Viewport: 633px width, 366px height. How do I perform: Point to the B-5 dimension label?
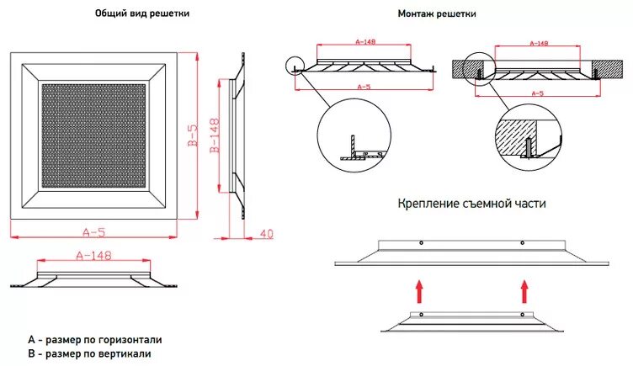coord(193,134)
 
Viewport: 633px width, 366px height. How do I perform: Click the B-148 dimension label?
coord(214,134)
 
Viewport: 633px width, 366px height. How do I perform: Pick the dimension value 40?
coord(267,232)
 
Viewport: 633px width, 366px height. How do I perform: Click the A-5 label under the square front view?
coord(94,231)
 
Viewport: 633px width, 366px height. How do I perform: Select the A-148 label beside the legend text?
coord(94,254)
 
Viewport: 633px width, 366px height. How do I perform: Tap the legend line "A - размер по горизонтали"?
coord(94,339)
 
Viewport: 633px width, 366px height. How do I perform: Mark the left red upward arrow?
coord(418,292)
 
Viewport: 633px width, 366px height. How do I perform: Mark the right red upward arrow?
coord(524,292)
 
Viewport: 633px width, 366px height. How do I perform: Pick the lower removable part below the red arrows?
coord(471,321)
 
